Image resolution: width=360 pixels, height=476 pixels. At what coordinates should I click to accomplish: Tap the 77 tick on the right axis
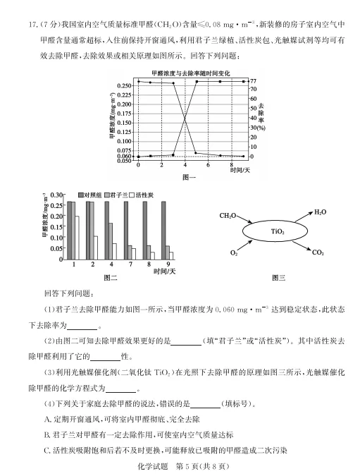point(252,81)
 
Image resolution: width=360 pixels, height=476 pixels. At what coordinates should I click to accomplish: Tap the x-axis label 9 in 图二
point(168,264)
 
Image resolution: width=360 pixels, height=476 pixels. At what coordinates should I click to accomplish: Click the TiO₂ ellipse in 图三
point(277,231)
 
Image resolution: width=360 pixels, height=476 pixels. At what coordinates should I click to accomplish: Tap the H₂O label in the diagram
point(321,212)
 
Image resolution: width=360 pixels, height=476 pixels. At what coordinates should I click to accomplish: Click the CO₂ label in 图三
point(318,252)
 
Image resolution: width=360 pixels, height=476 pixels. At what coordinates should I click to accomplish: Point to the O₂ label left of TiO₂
point(234,252)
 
